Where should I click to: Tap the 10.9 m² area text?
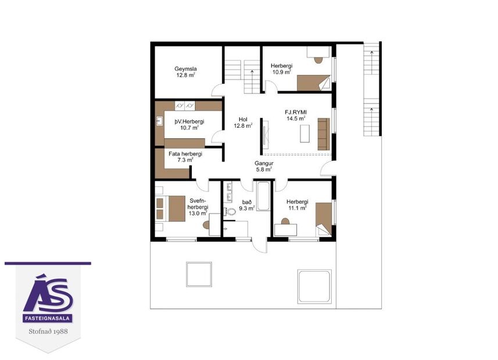coord(282,73)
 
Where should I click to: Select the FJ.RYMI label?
coord(296,111)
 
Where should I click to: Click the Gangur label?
coord(264,163)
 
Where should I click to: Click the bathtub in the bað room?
coord(263,197)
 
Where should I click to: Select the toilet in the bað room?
coord(230,211)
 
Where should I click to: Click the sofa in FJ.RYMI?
coord(323,133)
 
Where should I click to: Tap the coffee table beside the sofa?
coord(304,133)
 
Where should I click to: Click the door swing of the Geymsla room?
coord(216,89)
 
